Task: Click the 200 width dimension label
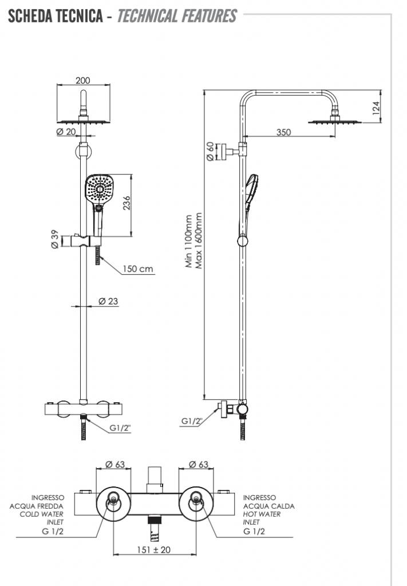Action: tap(83, 81)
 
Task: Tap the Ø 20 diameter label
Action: tap(66, 132)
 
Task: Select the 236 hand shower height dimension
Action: tap(127, 203)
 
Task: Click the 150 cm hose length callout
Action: tap(138, 268)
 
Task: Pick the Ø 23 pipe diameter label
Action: tap(108, 300)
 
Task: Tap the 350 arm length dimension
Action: tap(283, 132)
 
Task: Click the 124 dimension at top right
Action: tap(376, 108)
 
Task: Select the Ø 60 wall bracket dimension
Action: tap(210, 150)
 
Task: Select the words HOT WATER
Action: tap(262, 514)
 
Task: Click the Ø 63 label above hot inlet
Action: tap(197, 464)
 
